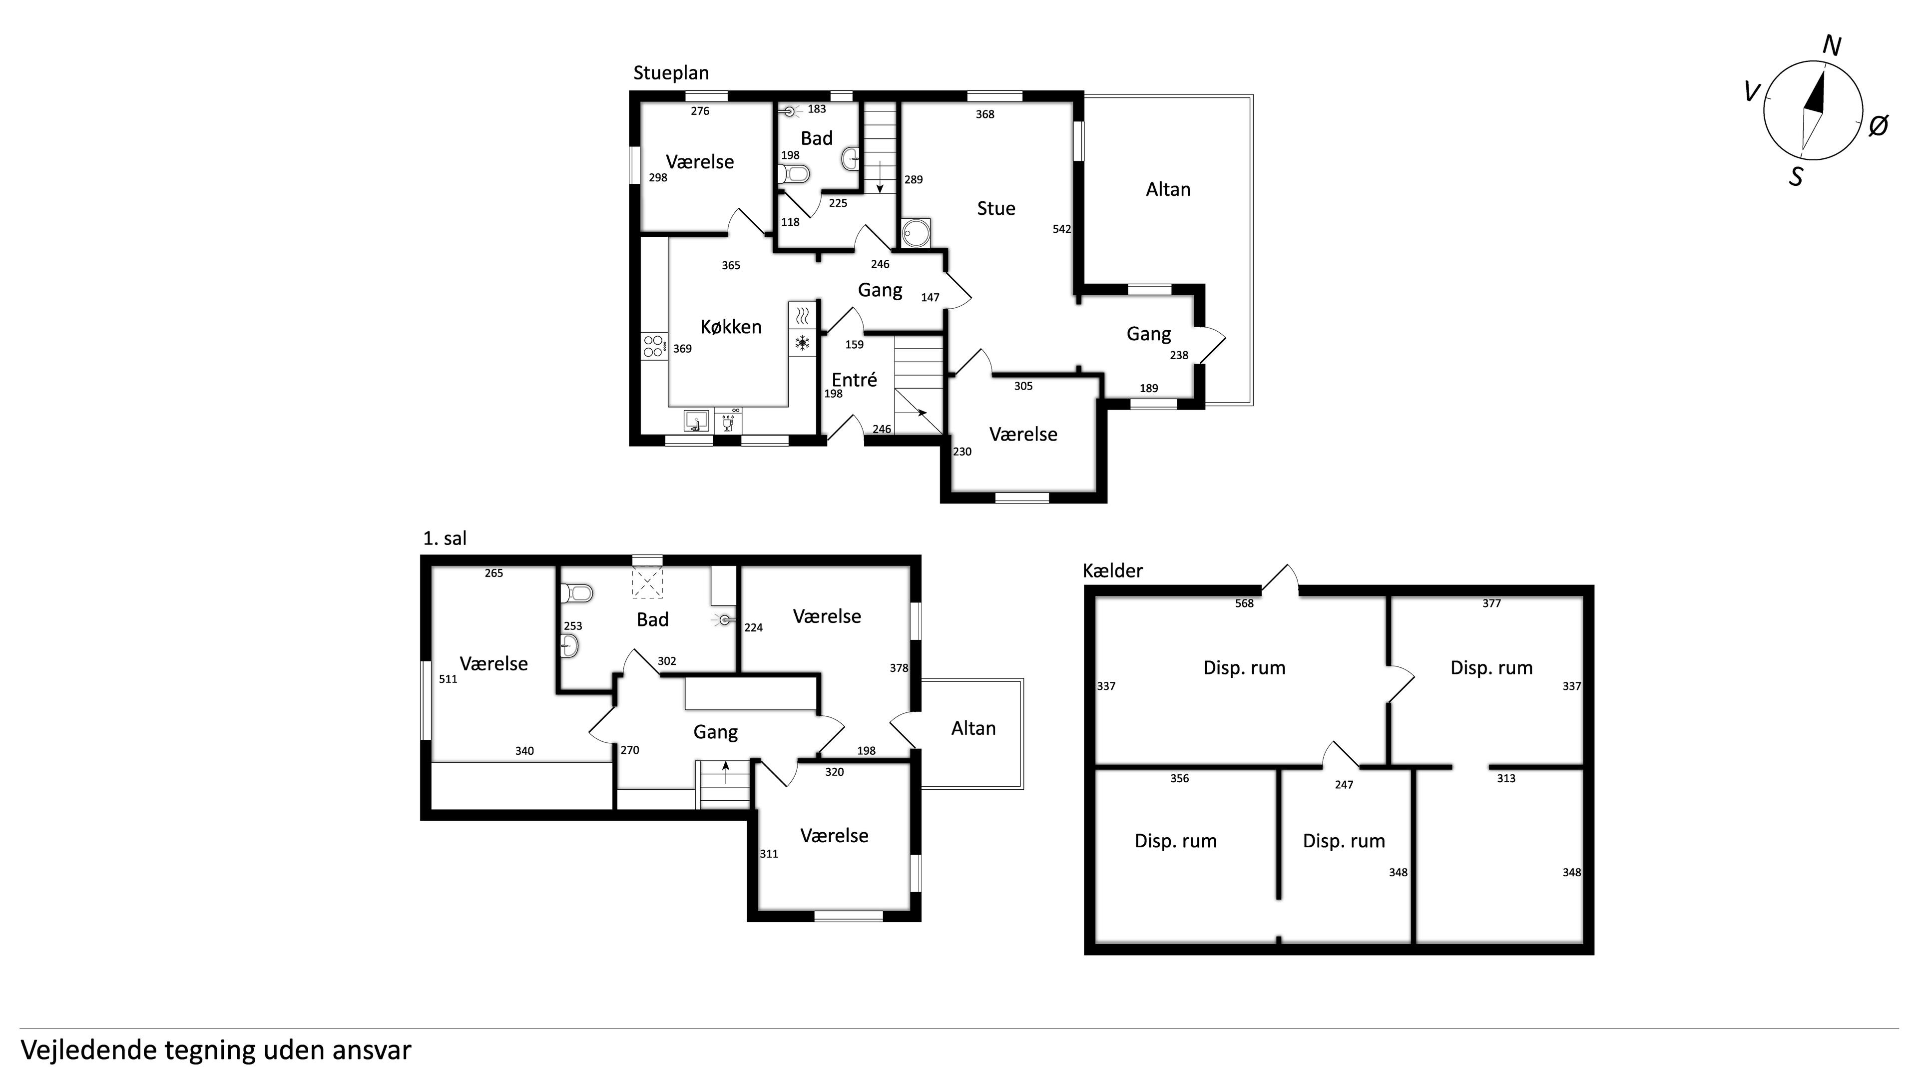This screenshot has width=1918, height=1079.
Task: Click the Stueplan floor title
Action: pos(671,73)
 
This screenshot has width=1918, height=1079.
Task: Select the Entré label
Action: pos(854,380)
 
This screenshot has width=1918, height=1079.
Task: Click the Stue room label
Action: pos(996,208)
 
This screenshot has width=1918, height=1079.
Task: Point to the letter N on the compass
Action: pos(1832,46)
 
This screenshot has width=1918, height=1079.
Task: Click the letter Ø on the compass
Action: pos(1879,126)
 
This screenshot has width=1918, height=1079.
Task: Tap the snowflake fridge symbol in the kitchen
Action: pos(802,343)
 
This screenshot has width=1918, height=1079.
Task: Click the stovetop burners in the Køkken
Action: pos(654,346)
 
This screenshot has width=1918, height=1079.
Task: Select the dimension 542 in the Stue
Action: pos(1062,229)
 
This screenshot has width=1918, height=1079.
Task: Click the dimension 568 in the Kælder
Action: pos(1244,604)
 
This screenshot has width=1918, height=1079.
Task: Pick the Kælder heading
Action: pos(1112,571)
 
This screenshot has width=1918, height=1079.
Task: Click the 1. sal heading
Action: pos(445,539)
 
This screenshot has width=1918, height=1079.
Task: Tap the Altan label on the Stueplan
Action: pos(1168,190)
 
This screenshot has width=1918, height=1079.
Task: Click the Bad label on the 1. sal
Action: pos(652,619)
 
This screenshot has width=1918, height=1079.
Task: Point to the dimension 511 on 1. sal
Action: pos(448,679)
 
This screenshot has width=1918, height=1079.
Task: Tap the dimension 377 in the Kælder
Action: pos(1491,604)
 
